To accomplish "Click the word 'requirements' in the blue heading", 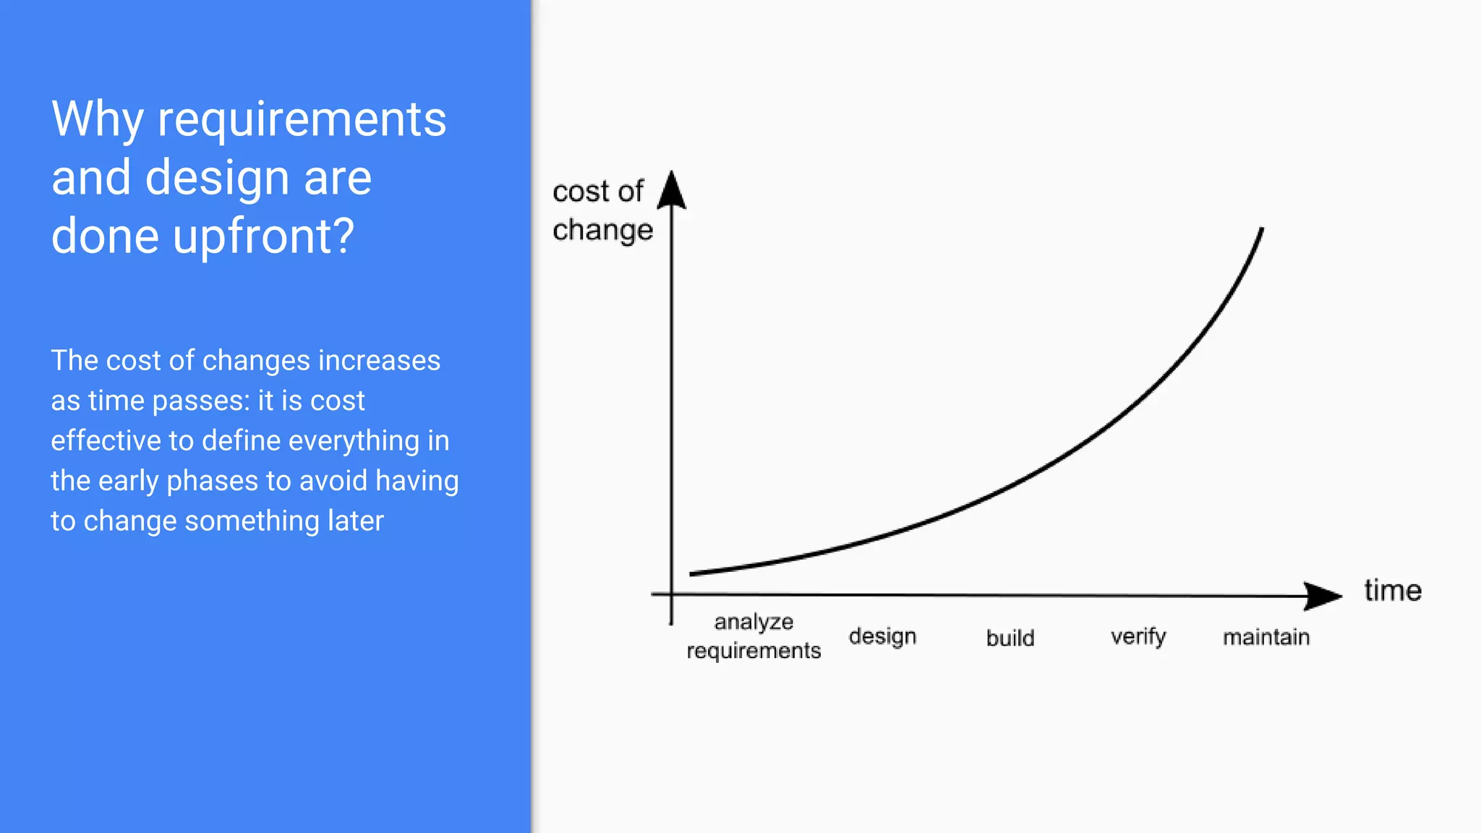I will (x=302, y=120).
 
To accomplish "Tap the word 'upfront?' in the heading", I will (x=264, y=236).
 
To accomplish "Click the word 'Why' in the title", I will (x=98, y=120).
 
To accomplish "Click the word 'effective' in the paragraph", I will (x=105, y=440).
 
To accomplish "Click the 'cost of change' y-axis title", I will (x=602, y=210).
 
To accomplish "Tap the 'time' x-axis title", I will (x=1392, y=591).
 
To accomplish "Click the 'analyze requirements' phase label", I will (x=754, y=636).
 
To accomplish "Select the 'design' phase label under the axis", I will (x=882, y=636).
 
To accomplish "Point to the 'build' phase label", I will (x=1010, y=638).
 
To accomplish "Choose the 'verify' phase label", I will (x=1138, y=637).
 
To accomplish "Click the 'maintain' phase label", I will (x=1266, y=637).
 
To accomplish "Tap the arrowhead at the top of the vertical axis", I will (x=672, y=189).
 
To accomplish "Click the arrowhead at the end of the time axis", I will (x=1323, y=596).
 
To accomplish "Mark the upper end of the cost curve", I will (x=1261, y=230).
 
